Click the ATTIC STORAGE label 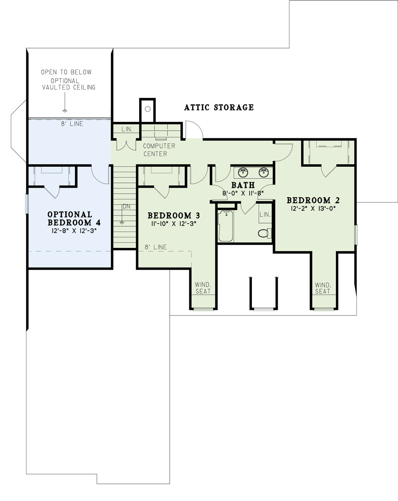click(x=219, y=107)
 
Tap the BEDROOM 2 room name click(x=313, y=200)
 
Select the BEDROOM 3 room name click(x=174, y=216)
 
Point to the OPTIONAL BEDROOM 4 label click(x=74, y=219)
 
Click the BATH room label click(x=243, y=185)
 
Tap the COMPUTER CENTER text click(x=159, y=150)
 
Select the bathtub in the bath click(x=226, y=226)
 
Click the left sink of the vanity click(x=243, y=172)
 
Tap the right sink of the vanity click(x=264, y=172)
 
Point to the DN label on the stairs click(x=126, y=207)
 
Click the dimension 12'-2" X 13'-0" click(x=313, y=209)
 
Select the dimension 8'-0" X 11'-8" click(x=243, y=193)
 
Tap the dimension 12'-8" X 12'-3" click(x=74, y=230)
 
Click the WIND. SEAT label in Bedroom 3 click(x=203, y=288)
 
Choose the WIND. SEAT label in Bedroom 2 click(x=323, y=288)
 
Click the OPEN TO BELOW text click(x=66, y=72)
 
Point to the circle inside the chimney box click(x=148, y=109)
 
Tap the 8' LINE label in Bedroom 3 click(x=156, y=247)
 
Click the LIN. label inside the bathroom click(x=265, y=214)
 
